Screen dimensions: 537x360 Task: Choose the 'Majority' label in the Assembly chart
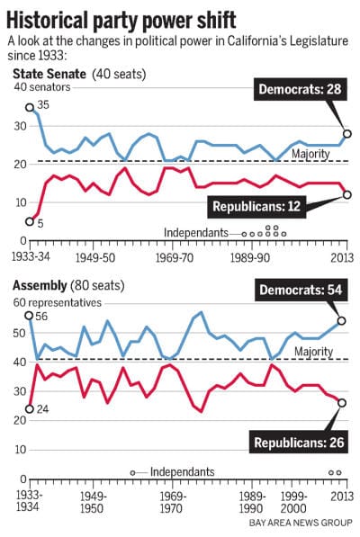coord(312,352)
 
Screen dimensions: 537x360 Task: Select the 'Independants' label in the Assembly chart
coord(183,471)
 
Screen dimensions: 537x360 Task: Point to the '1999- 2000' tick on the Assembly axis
coord(294,502)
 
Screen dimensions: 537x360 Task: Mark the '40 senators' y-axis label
coord(40,87)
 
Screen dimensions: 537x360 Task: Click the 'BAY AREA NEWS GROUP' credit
coord(293,523)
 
